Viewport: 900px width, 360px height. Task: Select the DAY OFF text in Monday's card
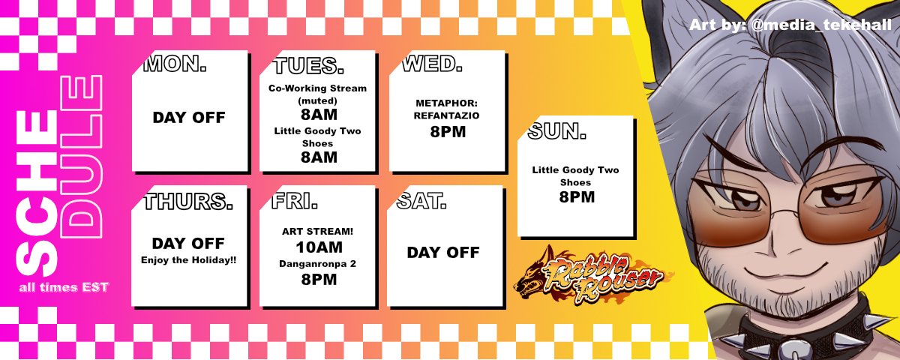tap(189, 118)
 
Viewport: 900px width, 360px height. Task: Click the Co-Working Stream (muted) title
tap(317, 94)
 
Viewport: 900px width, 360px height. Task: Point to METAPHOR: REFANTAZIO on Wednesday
tap(446, 109)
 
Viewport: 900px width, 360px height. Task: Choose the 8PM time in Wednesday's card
tap(447, 132)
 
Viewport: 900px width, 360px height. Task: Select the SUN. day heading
tap(556, 132)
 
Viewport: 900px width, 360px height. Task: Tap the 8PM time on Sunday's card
tap(576, 197)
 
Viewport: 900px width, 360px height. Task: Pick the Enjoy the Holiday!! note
tap(188, 260)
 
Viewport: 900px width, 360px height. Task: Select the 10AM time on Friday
tap(319, 247)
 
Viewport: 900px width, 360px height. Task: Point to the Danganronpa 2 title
tap(318, 264)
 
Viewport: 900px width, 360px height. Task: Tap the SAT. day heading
tap(421, 200)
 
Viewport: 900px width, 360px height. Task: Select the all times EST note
tap(64, 288)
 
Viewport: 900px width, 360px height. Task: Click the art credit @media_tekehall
tap(790, 25)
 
